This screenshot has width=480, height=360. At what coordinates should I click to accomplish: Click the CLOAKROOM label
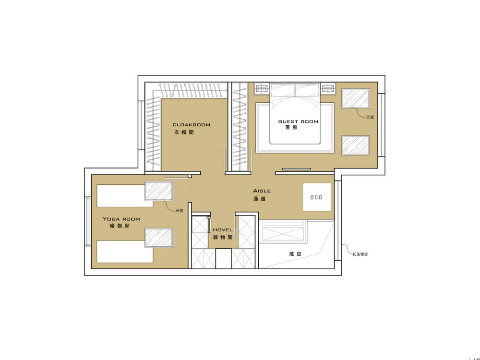(192, 125)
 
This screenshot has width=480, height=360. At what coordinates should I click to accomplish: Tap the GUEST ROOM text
(298, 121)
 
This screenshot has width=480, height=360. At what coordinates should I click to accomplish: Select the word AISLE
(262, 191)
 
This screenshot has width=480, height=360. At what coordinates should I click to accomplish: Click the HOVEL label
(222, 230)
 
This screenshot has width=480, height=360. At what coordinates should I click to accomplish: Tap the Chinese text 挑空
(295, 254)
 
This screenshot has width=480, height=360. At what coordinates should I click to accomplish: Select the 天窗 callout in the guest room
(370, 117)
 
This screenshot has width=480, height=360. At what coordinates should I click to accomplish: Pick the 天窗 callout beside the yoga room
(179, 210)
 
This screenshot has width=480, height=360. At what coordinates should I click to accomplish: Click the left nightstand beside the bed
(262, 88)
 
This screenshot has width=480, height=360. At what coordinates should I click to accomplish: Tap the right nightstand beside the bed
(329, 88)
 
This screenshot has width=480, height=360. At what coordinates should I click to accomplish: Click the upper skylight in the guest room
(355, 98)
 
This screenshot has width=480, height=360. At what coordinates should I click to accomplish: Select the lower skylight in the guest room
(355, 145)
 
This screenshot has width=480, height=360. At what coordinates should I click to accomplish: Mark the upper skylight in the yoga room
(159, 191)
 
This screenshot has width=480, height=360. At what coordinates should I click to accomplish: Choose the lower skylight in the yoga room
(159, 238)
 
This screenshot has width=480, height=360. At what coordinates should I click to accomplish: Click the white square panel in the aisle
(317, 196)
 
